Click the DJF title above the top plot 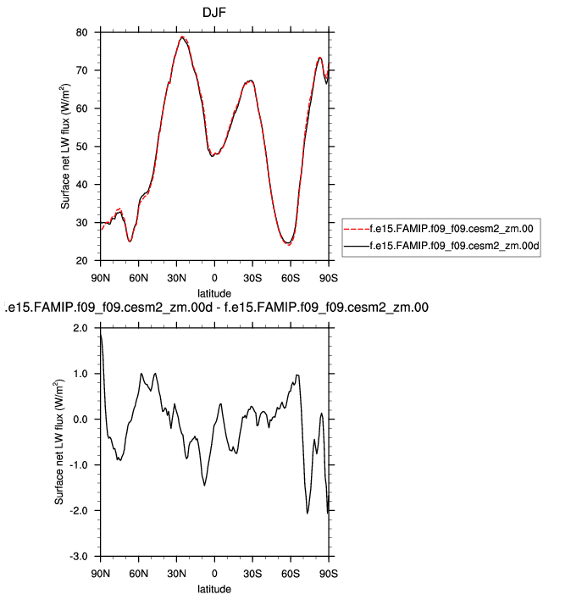pos(214,13)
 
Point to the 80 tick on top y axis pos(83,32)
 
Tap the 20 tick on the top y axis pos(83,261)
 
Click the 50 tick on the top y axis pos(83,147)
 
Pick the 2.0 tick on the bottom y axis pos(80,328)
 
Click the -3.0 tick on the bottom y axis pos(79,557)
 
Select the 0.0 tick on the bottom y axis pos(80,419)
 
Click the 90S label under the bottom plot pos(329,573)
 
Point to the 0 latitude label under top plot pos(214,277)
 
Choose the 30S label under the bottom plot pos(252,573)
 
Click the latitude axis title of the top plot pos(214,292)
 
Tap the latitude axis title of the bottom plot pos(214,588)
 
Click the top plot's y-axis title pos(64,147)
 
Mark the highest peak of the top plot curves pos(182,37)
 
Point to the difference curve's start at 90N pos(101,336)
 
